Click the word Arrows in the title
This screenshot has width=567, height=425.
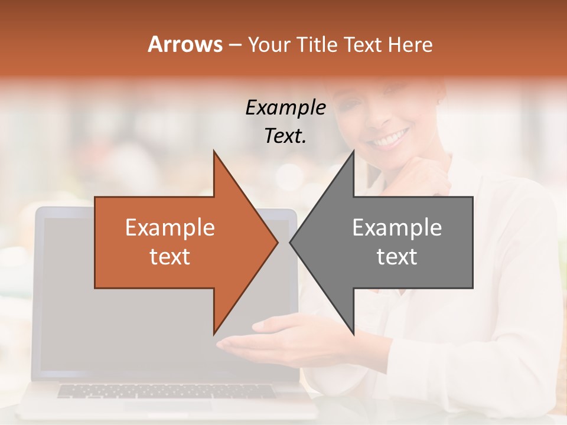click(185, 44)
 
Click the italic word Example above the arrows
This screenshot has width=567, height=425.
click(285, 107)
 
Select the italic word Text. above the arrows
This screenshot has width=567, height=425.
click(285, 136)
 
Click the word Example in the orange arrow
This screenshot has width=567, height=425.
click(170, 227)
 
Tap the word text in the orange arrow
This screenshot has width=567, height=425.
click(170, 257)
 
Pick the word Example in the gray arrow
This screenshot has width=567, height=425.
click(397, 227)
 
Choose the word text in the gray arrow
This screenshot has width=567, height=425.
click(397, 257)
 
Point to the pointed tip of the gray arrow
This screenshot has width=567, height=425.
click(291, 242)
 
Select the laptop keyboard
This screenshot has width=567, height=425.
click(165, 391)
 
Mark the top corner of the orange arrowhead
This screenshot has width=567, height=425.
click(214, 152)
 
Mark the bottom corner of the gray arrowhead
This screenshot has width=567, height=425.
click(353, 334)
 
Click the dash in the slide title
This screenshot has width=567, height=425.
click(234, 45)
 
